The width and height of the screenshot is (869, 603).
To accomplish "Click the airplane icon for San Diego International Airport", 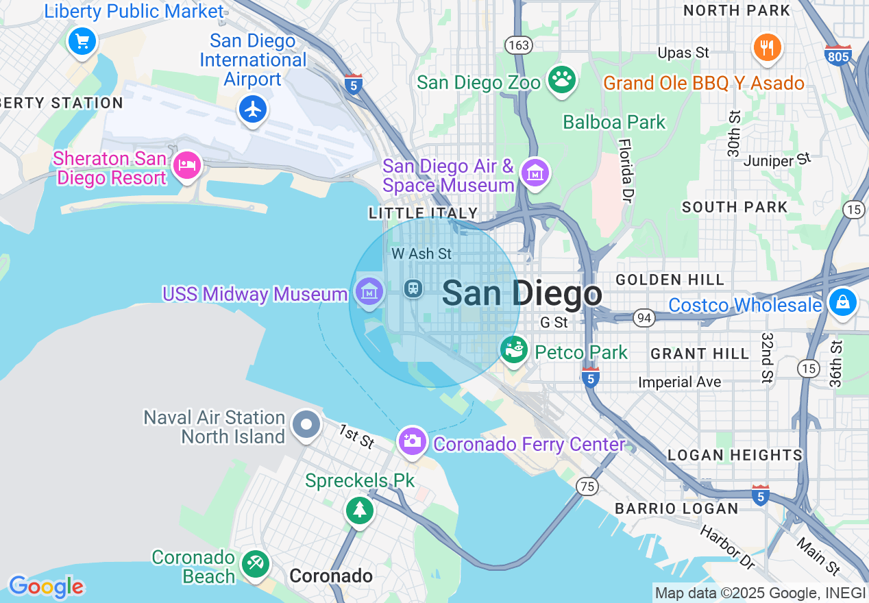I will (x=253, y=109).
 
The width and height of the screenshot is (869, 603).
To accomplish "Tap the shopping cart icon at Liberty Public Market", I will (x=82, y=42).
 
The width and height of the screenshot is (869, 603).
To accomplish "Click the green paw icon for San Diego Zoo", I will (x=562, y=79).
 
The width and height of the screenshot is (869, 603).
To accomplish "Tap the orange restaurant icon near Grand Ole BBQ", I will (x=768, y=47).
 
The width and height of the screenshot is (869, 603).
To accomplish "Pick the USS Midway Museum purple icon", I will (x=369, y=293).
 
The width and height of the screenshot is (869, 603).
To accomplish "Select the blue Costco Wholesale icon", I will (x=842, y=301).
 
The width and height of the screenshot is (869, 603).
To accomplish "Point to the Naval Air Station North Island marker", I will (x=306, y=425).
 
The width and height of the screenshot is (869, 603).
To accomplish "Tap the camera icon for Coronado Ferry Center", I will (x=413, y=441).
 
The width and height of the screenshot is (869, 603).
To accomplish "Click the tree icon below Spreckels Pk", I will (x=359, y=510).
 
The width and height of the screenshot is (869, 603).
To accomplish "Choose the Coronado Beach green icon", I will (x=256, y=565).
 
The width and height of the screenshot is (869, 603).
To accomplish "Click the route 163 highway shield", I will (x=519, y=45).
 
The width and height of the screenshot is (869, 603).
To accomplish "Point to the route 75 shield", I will (x=587, y=486).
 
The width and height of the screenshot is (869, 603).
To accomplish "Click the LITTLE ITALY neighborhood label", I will (x=423, y=213).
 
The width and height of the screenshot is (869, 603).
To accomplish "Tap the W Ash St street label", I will (x=421, y=254).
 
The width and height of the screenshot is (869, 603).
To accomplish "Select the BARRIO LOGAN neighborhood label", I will (x=676, y=508).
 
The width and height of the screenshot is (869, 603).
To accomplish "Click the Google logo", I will (x=46, y=587).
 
